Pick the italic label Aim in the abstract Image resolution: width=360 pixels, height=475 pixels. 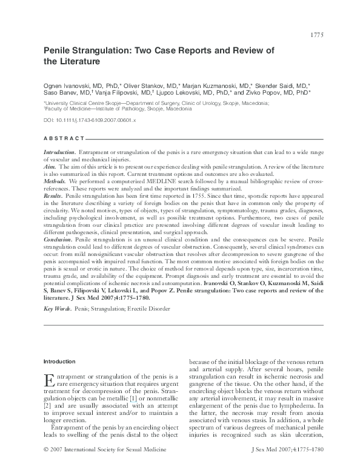click(x=50, y=165)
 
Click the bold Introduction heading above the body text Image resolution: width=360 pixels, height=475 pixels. click(x=59, y=362)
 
